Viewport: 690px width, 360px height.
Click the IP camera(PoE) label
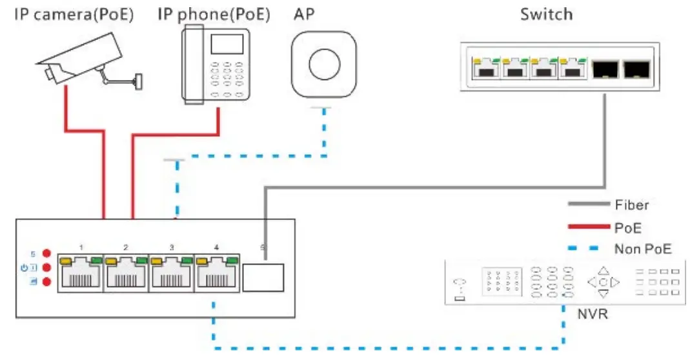74,14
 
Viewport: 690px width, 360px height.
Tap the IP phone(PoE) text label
214,14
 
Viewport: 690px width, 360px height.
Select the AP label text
304,14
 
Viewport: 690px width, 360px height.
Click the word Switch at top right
546,14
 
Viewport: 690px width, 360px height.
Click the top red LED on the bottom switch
46,254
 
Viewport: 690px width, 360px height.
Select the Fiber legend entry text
631,205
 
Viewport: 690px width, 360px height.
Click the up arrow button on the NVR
603,271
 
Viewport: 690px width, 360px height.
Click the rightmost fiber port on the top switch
636,68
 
